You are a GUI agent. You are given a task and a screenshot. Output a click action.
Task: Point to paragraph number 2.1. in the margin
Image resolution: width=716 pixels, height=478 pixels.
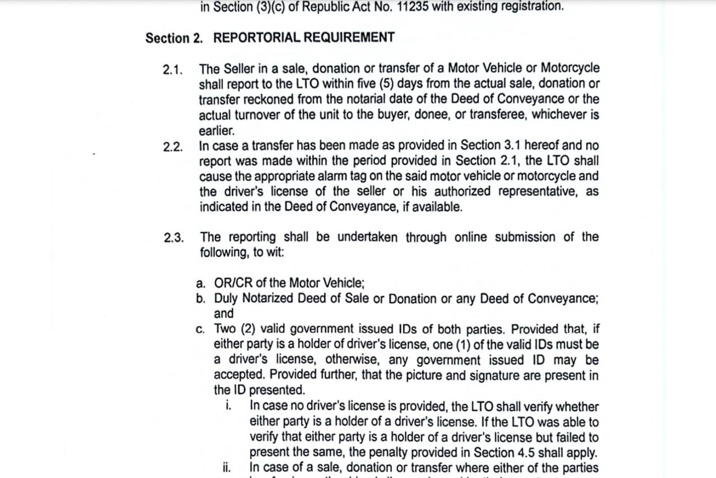click(x=174, y=70)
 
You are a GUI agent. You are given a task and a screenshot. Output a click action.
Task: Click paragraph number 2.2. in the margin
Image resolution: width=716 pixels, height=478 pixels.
click(x=174, y=147)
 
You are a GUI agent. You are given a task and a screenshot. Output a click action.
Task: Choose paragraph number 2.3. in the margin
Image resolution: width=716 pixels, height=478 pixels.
click(x=174, y=238)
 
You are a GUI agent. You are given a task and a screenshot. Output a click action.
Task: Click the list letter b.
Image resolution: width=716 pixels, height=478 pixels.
click(x=200, y=299)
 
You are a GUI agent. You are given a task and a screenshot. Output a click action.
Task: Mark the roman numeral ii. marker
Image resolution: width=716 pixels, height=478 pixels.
click(x=227, y=467)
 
